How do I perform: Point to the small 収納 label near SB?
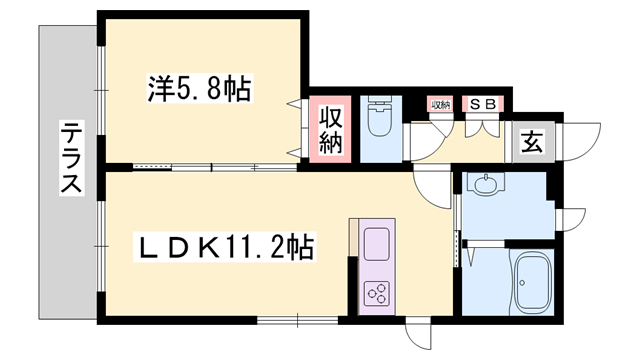click(441, 103)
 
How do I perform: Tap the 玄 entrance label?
click(530, 141)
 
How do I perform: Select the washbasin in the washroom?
click(485, 185)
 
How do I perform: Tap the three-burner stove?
click(378, 294)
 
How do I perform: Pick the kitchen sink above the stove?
click(378, 244)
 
